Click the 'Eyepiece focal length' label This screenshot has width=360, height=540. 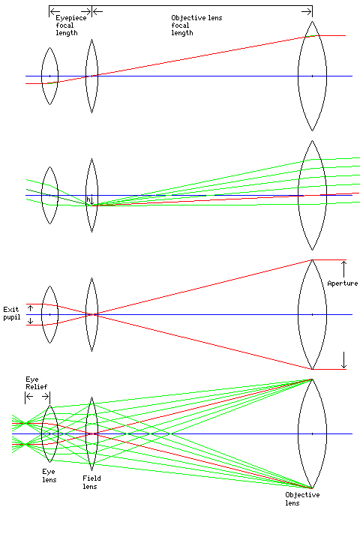71,25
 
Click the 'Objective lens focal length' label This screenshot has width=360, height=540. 196,25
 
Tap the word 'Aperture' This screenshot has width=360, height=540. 343,283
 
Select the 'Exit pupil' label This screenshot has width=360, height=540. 11,313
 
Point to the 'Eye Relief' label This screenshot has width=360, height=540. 36,383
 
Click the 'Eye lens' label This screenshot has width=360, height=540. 49,475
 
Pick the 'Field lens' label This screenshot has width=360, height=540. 91,482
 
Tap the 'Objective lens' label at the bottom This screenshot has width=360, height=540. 302,499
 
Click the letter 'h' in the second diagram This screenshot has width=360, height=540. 88,199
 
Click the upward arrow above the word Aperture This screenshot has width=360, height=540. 343,269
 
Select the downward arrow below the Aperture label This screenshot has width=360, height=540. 343,360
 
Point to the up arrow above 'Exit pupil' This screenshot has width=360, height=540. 30,307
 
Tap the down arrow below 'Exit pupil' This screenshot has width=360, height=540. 30,321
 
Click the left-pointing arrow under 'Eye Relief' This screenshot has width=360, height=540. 30,397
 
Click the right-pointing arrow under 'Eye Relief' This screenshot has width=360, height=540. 46,397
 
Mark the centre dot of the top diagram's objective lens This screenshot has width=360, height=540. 312,76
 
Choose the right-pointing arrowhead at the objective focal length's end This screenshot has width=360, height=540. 307,12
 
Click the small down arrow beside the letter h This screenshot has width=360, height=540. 92,200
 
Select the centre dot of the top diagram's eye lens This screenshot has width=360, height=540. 49,76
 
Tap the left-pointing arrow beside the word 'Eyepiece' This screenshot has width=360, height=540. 55,12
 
